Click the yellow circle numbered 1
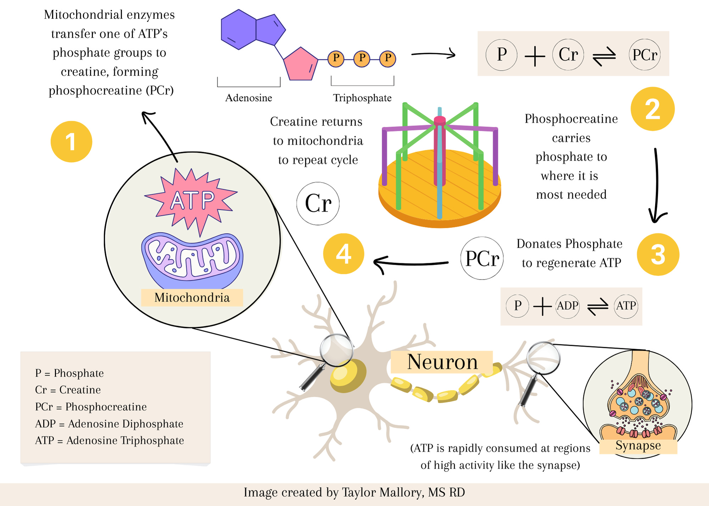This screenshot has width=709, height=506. tap(71, 142)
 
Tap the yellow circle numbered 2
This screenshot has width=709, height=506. tap(652, 109)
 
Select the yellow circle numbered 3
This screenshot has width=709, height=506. tap(658, 254)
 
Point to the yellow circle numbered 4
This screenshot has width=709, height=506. tap(344, 254)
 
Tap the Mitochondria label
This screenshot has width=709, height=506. tap(192, 298)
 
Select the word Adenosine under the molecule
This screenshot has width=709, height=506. tap(249, 98)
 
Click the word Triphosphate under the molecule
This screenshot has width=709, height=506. tap(362, 98)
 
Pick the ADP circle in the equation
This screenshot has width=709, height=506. tap(567, 305)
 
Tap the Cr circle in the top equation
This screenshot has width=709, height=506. tap(568, 55)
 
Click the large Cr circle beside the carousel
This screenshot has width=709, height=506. tap(318, 204)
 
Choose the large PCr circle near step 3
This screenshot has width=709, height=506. tap(482, 258)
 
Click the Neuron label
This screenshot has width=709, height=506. tap(442, 362)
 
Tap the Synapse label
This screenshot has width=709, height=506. tap(638, 446)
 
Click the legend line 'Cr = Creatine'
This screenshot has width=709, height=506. tap(68, 390)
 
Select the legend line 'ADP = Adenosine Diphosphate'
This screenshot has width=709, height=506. tap(109, 424)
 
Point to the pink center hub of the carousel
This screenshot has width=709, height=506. tap(440, 120)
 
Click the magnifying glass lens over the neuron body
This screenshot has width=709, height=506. tap(336, 350)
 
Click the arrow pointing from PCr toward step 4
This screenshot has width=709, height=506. tap(411, 263)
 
